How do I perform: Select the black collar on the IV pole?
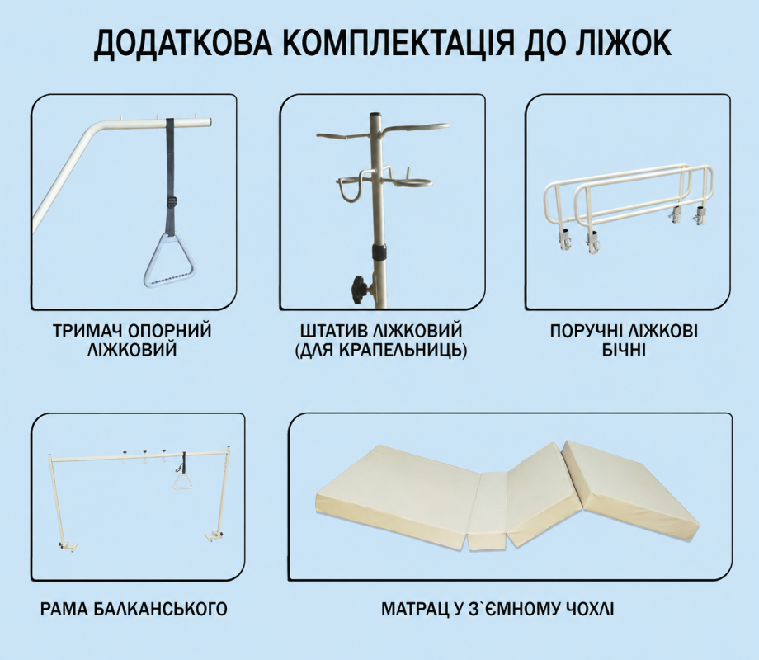point(380,252)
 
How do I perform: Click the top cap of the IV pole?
point(376,116)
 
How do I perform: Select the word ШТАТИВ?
point(334,331)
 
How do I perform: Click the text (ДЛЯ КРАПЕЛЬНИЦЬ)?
point(381,350)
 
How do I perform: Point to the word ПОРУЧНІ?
point(587,331)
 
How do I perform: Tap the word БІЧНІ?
point(624,350)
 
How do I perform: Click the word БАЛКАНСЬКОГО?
point(160,609)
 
